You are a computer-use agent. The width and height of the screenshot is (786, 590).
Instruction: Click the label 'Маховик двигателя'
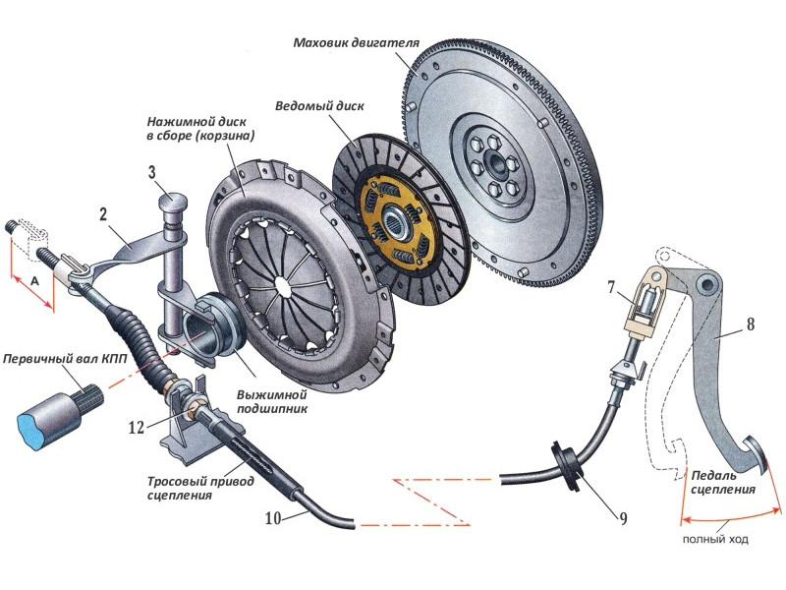(357, 44)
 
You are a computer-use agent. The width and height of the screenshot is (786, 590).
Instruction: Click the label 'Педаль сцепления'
(722, 481)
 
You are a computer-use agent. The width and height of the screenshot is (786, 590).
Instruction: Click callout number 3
(153, 173)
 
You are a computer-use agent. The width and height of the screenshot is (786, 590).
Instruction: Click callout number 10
(274, 515)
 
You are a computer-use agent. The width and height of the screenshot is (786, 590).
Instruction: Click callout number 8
(751, 322)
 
